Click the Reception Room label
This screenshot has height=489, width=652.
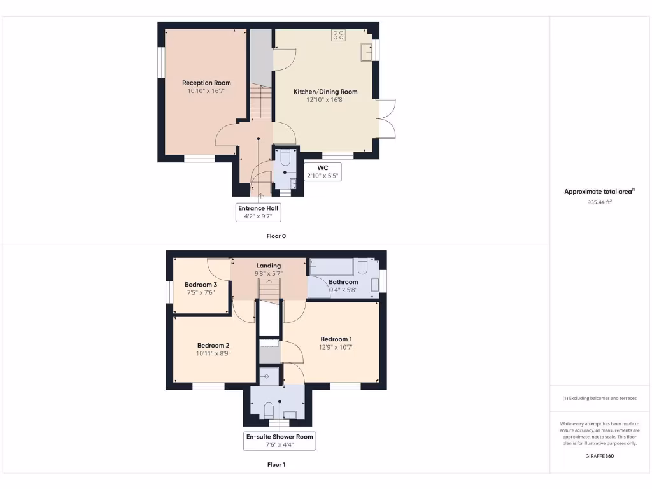[x=206, y=83]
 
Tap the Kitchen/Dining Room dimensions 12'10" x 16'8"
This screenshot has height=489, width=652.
[x=325, y=99]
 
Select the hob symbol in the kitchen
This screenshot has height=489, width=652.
[x=338, y=36]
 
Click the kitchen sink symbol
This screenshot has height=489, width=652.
[x=366, y=52]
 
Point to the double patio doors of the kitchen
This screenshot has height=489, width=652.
[x=387, y=118]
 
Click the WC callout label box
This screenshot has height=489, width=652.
[x=322, y=172]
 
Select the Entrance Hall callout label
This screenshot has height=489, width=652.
[x=258, y=212]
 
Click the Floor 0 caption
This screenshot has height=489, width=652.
[x=276, y=236]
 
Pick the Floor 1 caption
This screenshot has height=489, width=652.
[x=276, y=465]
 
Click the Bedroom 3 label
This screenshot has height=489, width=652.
[x=201, y=285]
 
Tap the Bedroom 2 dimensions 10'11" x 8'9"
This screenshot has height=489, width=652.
[x=213, y=353]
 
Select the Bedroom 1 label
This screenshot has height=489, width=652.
[x=336, y=339]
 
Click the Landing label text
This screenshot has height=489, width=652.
[x=269, y=266]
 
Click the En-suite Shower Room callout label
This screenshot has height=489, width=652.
[x=280, y=441]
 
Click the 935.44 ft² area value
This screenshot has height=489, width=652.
[x=599, y=202]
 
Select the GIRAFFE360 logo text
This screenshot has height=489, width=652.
[x=599, y=456]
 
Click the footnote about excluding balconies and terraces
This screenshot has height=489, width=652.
[x=599, y=399]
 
